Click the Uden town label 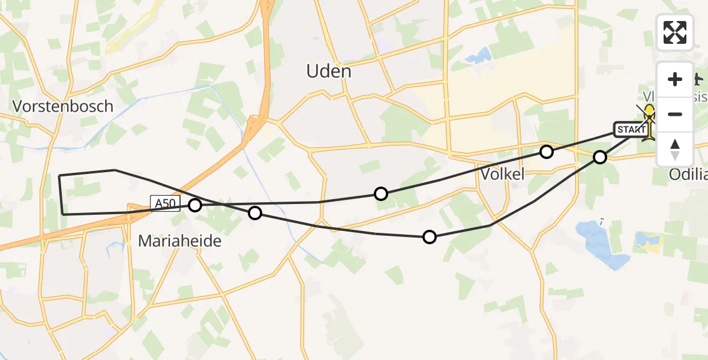coord(328,71)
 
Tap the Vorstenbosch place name coord(63,106)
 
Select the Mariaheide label coord(179,241)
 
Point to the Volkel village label coord(503,174)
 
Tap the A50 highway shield coord(165,203)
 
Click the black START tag coord(629,129)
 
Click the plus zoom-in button coord(675,79)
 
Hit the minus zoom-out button coord(675,114)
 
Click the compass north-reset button coord(675,149)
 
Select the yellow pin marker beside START coord(649,121)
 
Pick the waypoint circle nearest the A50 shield coord(195,205)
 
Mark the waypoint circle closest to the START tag coord(600,157)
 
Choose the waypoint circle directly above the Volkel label coord(546,152)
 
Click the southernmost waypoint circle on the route coord(430,237)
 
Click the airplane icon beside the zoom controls coord(697,79)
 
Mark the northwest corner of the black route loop coord(59,175)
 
